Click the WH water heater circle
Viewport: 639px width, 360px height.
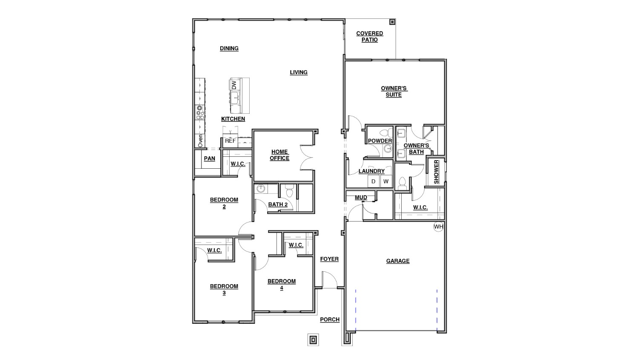coord(438,227)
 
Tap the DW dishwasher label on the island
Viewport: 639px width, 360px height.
coord(234,85)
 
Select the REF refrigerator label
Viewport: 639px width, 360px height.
coord(230,141)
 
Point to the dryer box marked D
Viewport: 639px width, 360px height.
coord(374,181)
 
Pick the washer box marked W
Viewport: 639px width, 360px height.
coord(386,181)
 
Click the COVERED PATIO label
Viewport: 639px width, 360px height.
coord(369,37)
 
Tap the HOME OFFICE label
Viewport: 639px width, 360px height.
coord(279,155)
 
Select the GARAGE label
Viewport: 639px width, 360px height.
coord(397,261)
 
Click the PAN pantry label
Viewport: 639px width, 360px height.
coord(209,158)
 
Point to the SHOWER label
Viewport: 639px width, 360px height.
coord(436,172)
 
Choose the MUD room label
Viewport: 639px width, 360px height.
coord(361,198)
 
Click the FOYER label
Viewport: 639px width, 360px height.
coord(329,259)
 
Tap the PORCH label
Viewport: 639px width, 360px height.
coord(330,320)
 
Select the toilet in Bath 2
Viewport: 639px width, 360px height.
coord(290,192)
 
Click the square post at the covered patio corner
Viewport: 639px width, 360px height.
coord(392,22)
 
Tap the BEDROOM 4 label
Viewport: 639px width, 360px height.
coord(282,285)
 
